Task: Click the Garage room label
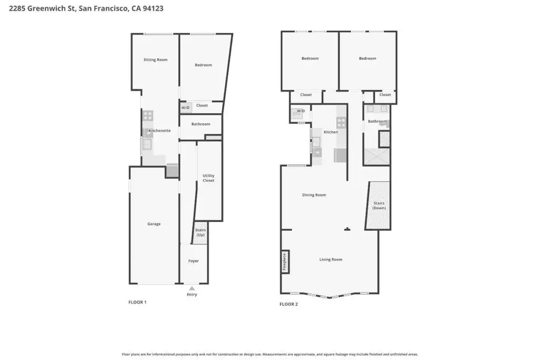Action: [154, 223]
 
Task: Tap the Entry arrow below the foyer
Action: [192, 288]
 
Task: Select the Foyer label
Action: [194, 261]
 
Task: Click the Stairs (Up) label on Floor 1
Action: [200, 232]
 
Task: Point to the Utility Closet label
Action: [208, 178]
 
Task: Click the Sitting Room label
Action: [156, 60]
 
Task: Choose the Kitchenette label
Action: [159, 130]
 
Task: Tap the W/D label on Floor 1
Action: [185, 108]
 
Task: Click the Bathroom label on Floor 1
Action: [201, 124]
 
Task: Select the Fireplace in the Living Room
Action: [285, 262]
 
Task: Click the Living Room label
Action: [331, 259]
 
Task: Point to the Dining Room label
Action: [314, 195]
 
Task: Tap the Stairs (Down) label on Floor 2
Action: [379, 206]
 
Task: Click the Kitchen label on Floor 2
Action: [331, 132]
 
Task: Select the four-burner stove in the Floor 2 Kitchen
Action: [341, 122]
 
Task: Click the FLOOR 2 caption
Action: [288, 304]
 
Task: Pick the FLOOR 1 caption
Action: [138, 302]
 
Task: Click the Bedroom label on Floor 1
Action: [203, 65]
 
